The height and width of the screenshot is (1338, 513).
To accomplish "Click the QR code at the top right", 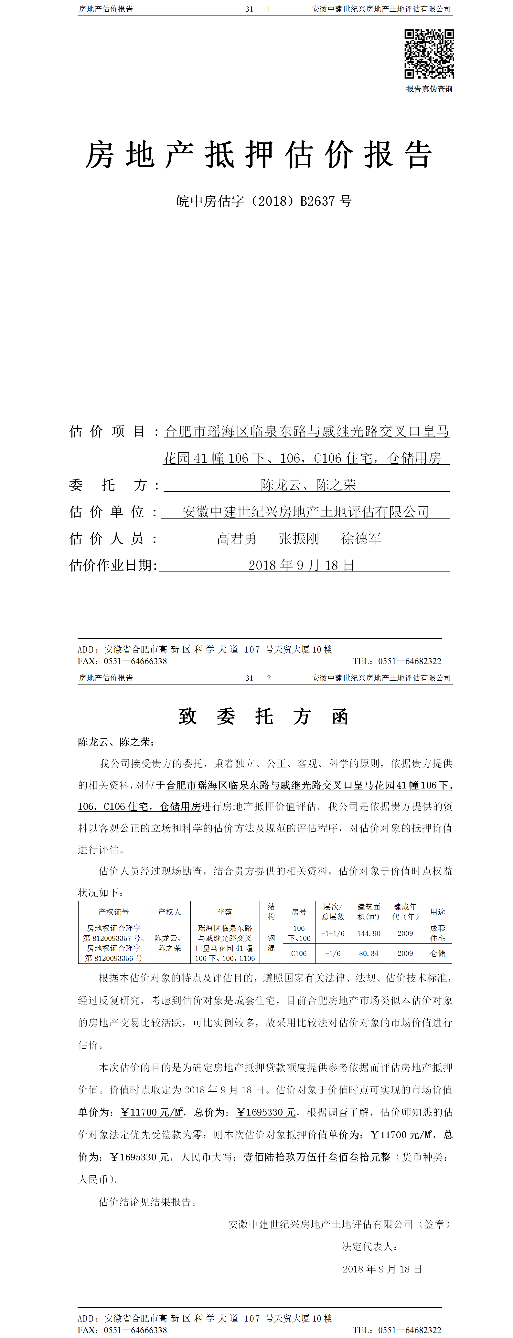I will click(429, 54).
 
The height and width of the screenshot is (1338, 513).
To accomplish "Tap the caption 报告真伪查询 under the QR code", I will click(429, 89).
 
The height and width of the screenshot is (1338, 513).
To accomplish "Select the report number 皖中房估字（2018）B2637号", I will click(263, 201).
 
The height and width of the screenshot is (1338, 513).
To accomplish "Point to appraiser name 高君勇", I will click(237, 539).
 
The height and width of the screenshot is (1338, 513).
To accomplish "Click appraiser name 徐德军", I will click(361, 539).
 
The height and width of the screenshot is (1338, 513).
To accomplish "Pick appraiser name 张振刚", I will click(299, 539).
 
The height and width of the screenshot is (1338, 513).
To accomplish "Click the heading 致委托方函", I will click(263, 716).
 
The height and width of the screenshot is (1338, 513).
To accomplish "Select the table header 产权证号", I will click(113, 911).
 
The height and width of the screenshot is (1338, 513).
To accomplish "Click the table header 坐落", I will click(225, 911).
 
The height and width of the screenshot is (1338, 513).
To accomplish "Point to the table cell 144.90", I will click(369, 933).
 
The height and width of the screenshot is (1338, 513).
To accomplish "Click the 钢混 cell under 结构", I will click(271, 943).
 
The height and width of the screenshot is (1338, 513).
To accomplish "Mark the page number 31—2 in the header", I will click(258, 678).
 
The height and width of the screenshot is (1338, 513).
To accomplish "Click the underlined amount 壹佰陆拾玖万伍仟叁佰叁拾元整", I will click(316, 1157).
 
